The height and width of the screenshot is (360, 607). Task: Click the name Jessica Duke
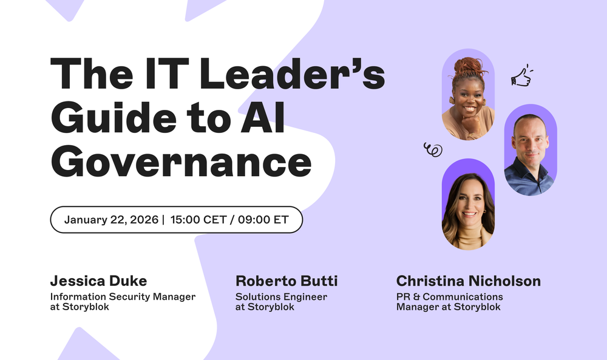[x=98, y=281]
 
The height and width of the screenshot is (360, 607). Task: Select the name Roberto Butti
[x=287, y=281]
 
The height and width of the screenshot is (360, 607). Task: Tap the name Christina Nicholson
[x=468, y=281]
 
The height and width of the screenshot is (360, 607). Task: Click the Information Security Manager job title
[x=123, y=297]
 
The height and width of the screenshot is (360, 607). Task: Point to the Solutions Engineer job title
[x=281, y=297]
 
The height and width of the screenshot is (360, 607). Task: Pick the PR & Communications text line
[x=449, y=297]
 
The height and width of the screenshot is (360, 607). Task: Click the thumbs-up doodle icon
[x=521, y=76]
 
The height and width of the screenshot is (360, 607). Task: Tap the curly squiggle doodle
[x=433, y=149]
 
